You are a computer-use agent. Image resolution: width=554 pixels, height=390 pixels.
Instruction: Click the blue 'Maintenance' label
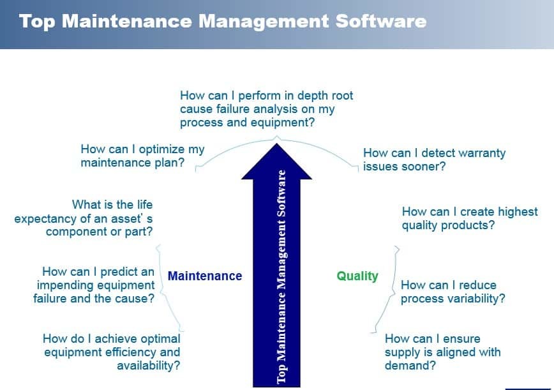pyautogui.click(x=204, y=276)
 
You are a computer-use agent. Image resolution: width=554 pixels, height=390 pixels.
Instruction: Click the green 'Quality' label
pyautogui.click(x=357, y=276)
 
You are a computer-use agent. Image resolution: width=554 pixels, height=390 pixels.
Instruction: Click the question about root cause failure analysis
pyautogui.click(x=266, y=109)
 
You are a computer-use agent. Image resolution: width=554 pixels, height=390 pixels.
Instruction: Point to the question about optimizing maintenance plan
pyautogui.click(x=142, y=156)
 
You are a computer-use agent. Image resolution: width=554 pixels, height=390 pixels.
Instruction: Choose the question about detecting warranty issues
pyautogui.click(x=434, y=160)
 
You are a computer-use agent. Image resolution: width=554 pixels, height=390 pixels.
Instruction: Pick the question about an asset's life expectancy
pyautogui.click(x=84, y=218)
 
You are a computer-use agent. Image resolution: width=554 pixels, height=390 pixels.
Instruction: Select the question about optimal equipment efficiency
pyautogui.click(x=112, y=352)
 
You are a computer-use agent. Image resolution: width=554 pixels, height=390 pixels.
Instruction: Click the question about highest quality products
pyautogui.click(x=470, y=218)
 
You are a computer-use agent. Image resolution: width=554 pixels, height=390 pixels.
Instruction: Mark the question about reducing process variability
pyautogui.click(x=453, y=292)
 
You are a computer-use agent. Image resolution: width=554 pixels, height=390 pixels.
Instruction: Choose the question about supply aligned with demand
pyautogui.click(x=442, y=352)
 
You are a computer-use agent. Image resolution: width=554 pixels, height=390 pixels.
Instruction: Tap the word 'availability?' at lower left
pyautogui.click(x=148, y=366)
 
